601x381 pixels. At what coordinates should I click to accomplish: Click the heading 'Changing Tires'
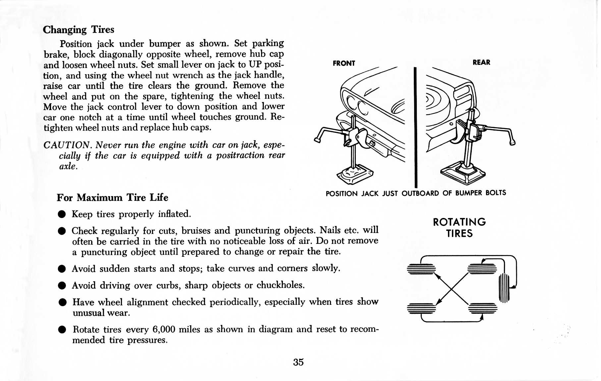point(79,30)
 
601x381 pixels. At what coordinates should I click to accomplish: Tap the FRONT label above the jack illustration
point(344,63)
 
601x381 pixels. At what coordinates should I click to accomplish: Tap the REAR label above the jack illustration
point(481,62)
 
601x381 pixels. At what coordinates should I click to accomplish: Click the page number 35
point(298,362)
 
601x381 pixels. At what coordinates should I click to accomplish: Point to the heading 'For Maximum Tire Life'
point(112,197)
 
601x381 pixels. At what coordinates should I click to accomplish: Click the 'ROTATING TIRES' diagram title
point(459,228)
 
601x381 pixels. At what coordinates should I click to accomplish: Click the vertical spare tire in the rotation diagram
point(504,288)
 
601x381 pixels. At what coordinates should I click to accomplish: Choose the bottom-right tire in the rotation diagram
point(483,308)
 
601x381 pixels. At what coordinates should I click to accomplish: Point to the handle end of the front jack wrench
point(317,140)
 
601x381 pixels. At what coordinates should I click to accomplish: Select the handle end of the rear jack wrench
point(512,142)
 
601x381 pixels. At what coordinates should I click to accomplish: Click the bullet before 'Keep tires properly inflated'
point(62,214)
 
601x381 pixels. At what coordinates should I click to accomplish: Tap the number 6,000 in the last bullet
point(164,329)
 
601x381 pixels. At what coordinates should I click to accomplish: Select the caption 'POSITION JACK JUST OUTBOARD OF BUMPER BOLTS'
point(415,193)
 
